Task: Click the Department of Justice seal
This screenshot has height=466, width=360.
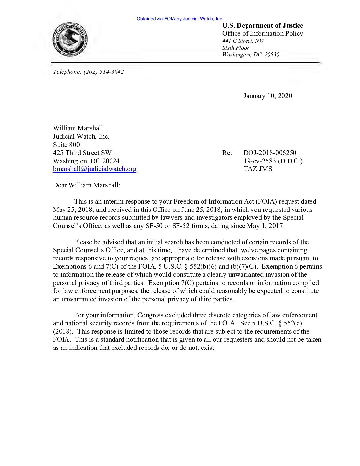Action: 70,39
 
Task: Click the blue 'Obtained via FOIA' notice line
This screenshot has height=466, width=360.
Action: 180,19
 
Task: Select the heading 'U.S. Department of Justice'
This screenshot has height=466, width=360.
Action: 262,26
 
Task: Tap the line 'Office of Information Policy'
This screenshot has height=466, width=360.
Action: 262,34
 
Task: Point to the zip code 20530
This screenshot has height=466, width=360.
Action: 272,55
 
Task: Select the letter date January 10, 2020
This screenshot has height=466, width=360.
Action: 267,96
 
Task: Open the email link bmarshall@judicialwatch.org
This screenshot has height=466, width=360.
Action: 95,169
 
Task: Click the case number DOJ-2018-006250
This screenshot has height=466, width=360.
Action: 270,153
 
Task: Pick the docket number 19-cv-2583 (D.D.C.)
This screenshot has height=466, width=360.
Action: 273,161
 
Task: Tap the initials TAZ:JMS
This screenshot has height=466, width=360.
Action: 258,169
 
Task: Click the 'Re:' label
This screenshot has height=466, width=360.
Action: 227,153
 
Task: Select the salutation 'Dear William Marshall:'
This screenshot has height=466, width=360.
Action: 86,185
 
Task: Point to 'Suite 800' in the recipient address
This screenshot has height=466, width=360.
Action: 66,145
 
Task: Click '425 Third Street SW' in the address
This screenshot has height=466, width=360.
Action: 82,153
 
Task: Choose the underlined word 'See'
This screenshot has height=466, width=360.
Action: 245,323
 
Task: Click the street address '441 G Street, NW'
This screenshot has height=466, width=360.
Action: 243,41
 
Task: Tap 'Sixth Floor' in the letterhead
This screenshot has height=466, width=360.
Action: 236,48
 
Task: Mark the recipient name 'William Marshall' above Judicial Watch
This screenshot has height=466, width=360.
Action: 78,128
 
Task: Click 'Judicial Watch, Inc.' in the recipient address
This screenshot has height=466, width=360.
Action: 81,136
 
